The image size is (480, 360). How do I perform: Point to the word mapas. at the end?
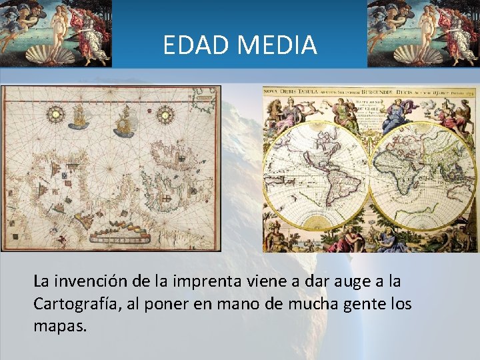pos(60,327)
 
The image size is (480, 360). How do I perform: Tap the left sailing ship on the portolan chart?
pos(78,117)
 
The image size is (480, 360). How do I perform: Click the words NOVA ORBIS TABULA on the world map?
pos(287,90)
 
